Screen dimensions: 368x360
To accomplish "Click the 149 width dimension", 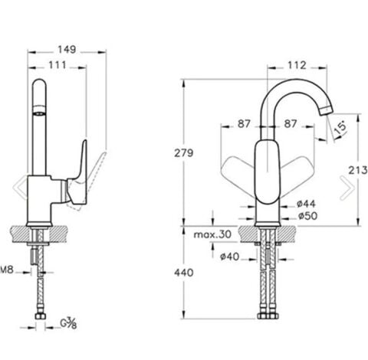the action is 67,49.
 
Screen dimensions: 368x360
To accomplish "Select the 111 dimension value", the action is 58,65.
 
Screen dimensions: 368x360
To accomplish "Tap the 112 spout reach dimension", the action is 297,65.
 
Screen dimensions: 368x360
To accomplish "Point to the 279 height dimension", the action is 184,153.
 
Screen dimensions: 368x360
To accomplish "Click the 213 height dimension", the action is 358,170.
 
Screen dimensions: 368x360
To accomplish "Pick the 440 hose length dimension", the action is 184,273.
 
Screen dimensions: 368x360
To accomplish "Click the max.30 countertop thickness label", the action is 212,234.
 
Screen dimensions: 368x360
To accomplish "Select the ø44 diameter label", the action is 306,204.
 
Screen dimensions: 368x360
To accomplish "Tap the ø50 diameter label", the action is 307,216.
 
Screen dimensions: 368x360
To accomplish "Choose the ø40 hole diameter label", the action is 230,257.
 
